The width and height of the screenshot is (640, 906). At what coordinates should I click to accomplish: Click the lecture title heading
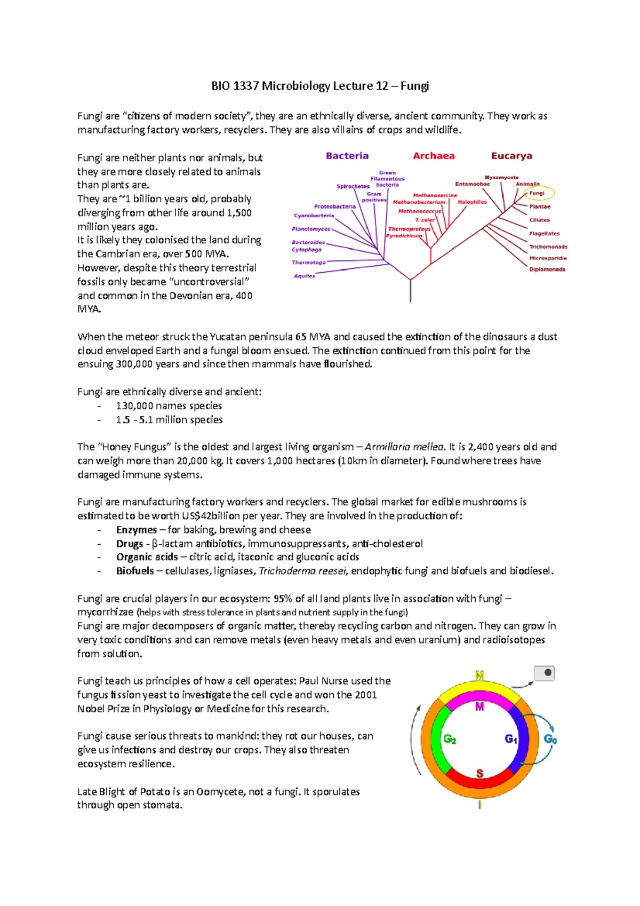(320, 86)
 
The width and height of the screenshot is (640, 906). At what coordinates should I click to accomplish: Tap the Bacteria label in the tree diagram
(347, 156)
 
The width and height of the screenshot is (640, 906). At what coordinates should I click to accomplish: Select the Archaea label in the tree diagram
(434, 156)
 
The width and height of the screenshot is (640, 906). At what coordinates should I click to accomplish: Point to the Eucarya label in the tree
(511, 156)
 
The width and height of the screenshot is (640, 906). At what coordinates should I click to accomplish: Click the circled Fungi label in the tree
(537, 193)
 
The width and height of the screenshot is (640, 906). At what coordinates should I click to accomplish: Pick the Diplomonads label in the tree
(547, 269)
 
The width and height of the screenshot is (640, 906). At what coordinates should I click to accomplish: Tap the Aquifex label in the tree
(305, 276)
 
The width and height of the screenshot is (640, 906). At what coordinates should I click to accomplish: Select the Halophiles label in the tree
(472, 202)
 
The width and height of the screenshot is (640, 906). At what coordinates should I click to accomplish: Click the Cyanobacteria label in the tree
(314, 216)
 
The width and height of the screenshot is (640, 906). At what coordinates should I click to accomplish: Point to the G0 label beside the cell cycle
(550, 740)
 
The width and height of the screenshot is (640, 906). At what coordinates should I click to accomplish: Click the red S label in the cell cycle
(479, 774)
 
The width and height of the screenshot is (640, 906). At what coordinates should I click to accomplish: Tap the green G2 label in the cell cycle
(450, 740)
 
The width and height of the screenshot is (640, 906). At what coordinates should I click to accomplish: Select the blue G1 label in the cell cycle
(511, 739)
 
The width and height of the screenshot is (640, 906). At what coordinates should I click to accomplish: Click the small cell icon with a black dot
(545, 673)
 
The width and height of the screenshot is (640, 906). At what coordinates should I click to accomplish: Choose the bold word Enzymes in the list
(137, 530)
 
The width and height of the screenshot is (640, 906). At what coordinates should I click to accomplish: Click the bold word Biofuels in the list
(135, 571)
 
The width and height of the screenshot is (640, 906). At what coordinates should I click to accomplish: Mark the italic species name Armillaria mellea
(404, 447)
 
